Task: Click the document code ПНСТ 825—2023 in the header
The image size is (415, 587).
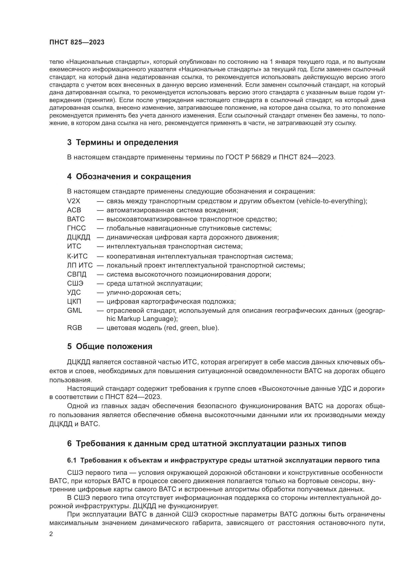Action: click(x=77, y=42)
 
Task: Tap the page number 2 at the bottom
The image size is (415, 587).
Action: click(x=51, y=534)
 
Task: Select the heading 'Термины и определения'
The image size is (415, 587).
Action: click(x=127, y=142)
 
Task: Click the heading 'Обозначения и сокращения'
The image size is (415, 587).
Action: click(x=133, y=177)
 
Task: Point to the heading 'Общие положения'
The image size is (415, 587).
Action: click(x=114, y=347)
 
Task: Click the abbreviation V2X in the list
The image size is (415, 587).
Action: click(x=74, y=201)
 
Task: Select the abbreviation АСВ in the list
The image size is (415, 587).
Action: click(x=74, y=210)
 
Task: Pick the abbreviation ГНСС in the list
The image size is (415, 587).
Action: click(x=77, y=228)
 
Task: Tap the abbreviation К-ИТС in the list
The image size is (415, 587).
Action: click(x=77, y=256)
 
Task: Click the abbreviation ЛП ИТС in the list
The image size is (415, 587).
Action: click(x=80, y=265)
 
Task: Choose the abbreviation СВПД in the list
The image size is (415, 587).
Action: click(x=77, y=275)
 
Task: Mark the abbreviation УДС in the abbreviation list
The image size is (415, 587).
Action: click(x=74, y=292)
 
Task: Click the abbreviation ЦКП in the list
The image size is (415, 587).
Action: click(x=74, y=302)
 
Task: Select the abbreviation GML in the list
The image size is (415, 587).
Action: click(x=74, y=311)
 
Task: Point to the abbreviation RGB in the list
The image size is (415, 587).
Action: click(x=74, y=328)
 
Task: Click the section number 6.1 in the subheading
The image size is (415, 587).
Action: click(x=72, y=461)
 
